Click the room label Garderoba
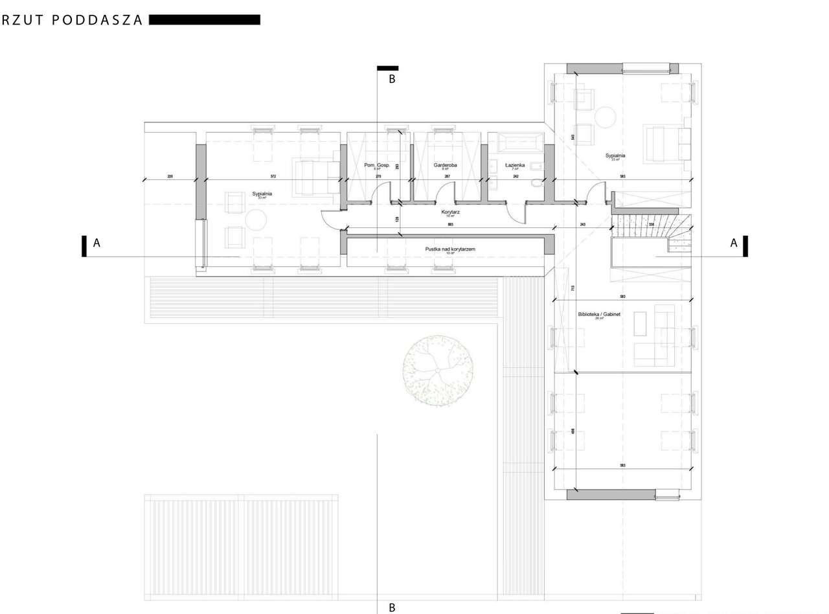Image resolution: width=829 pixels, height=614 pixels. [446, 165]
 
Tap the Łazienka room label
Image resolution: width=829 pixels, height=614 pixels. [516, 165]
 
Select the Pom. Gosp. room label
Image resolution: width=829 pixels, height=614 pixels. [377, 165]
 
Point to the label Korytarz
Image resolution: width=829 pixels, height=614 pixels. [450, 212]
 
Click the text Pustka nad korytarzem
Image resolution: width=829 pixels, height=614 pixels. [451, 249]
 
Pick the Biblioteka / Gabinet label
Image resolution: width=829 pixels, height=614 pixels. [599, 314]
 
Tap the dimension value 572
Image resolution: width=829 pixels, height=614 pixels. [273, 176]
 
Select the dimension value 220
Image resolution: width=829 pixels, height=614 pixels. [170, 176]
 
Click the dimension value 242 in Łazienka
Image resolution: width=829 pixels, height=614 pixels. [516, 176]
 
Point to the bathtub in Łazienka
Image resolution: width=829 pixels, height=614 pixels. [516, 142]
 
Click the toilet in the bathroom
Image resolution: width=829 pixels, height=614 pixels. [536, 183]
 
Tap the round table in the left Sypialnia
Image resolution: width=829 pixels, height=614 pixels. [256, 220]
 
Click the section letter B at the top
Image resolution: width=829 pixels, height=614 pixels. [391, 79]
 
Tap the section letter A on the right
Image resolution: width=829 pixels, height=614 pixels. [734, 243]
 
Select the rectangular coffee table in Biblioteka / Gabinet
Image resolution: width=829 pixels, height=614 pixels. [640, 324]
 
